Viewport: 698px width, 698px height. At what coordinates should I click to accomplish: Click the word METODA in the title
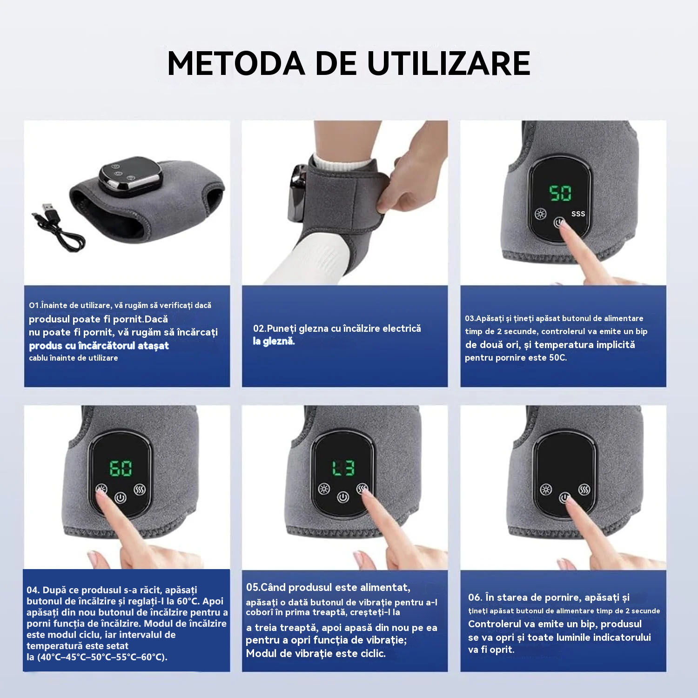coord(236,63)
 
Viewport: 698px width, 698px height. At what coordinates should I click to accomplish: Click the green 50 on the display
coord(560,193)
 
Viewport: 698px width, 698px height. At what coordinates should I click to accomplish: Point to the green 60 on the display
coord(121,468)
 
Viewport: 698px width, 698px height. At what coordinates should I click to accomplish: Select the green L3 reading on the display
coord(343,468)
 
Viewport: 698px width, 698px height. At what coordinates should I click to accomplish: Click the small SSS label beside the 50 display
coord(578,214)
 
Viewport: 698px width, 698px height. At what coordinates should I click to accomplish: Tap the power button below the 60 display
coord(121,497)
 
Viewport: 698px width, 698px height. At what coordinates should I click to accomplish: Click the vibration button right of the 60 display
coord(140,490)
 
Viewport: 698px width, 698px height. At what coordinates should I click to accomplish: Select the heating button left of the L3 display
coord(324,489)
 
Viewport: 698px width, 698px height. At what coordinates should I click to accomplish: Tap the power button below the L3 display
coord(343,497)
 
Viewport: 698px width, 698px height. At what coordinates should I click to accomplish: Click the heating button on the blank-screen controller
coord(546,490)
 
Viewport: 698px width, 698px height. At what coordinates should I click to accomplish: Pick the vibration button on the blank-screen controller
coord(584,490)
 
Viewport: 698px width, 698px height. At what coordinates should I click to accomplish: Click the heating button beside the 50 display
coord(540,214)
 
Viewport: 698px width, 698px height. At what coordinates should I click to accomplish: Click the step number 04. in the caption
coord(33,590)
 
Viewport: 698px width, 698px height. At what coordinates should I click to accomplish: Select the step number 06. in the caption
coord(475,597)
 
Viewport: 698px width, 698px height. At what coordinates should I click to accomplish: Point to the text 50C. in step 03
coord(557,357)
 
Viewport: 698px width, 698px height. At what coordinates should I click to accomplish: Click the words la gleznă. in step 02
coord(274,341)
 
